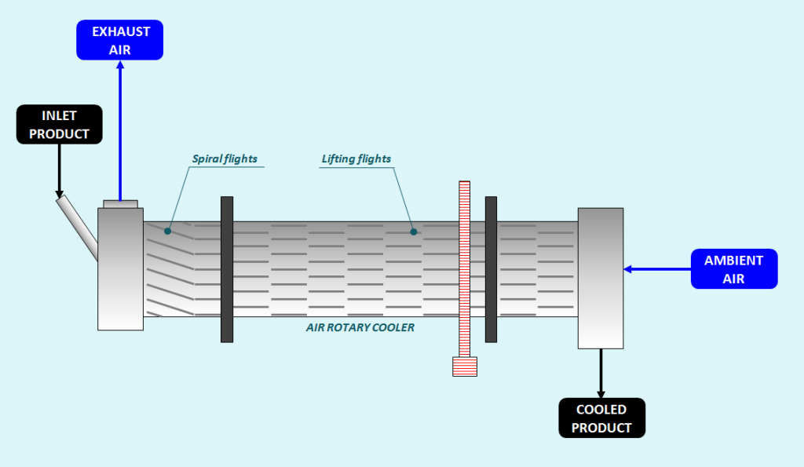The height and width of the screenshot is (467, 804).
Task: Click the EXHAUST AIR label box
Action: [119, 40]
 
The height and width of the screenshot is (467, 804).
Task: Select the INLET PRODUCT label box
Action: [60, 125]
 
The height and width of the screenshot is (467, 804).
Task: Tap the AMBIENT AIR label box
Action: [734, 269]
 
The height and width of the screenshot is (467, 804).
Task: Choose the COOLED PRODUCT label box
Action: [601, 418]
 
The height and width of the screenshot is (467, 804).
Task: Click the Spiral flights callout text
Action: [225, 159]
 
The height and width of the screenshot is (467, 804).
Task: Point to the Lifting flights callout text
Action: [356, 159]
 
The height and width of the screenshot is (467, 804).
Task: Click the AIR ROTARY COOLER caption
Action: [360, 327]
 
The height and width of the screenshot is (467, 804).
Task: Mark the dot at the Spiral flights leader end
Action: [167, 232]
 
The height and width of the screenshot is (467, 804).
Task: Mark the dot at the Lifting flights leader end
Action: [414, 232]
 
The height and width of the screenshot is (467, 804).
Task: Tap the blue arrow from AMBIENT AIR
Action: [656, 269]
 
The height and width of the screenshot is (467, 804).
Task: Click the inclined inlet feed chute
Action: [77, 227]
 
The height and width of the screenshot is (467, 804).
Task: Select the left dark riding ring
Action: [227, 269]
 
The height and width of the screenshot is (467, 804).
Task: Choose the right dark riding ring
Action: [491, 269]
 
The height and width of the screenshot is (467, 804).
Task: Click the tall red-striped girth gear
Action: [464, 267]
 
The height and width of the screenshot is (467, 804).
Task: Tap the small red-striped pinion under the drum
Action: [465, 367]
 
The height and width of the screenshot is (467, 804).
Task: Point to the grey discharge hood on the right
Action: [601, 278]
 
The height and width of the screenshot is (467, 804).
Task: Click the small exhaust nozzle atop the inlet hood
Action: [120, 204]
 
